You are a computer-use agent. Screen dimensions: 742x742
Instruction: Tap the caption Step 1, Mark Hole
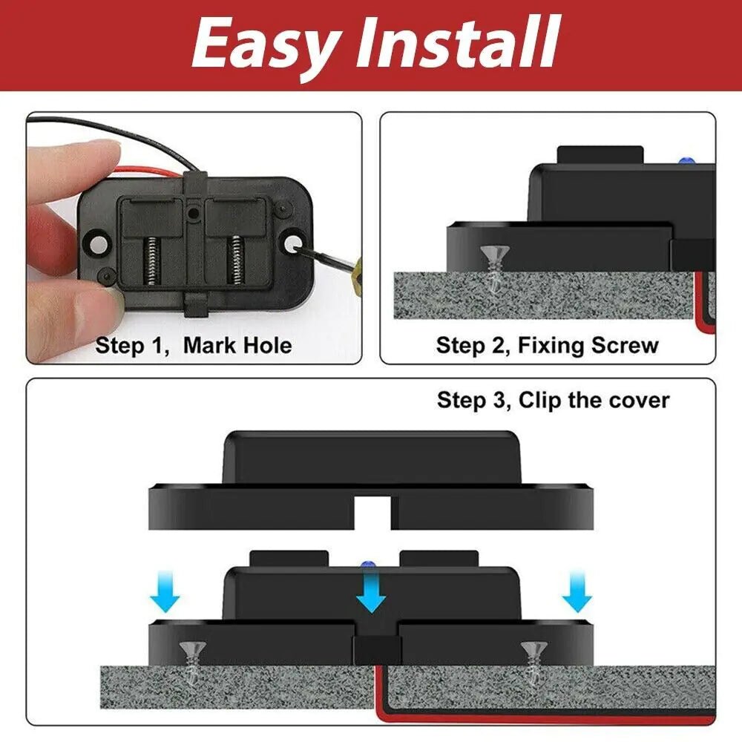coord(194,346)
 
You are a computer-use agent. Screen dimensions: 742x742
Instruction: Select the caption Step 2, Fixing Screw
coord(547,346)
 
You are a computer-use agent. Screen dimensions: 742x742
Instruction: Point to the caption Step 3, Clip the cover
coord(553,401)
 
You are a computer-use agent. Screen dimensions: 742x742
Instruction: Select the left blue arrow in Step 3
coord(165,594)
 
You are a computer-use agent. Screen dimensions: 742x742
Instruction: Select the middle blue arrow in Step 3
coord(370,594)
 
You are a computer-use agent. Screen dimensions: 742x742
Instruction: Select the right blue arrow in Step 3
coord(577,594)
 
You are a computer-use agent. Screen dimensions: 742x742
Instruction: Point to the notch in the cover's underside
coord(371,512)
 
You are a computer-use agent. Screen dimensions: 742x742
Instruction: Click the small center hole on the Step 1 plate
coord(193,213)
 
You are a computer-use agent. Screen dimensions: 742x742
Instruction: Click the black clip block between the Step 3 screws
coord(376,649)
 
